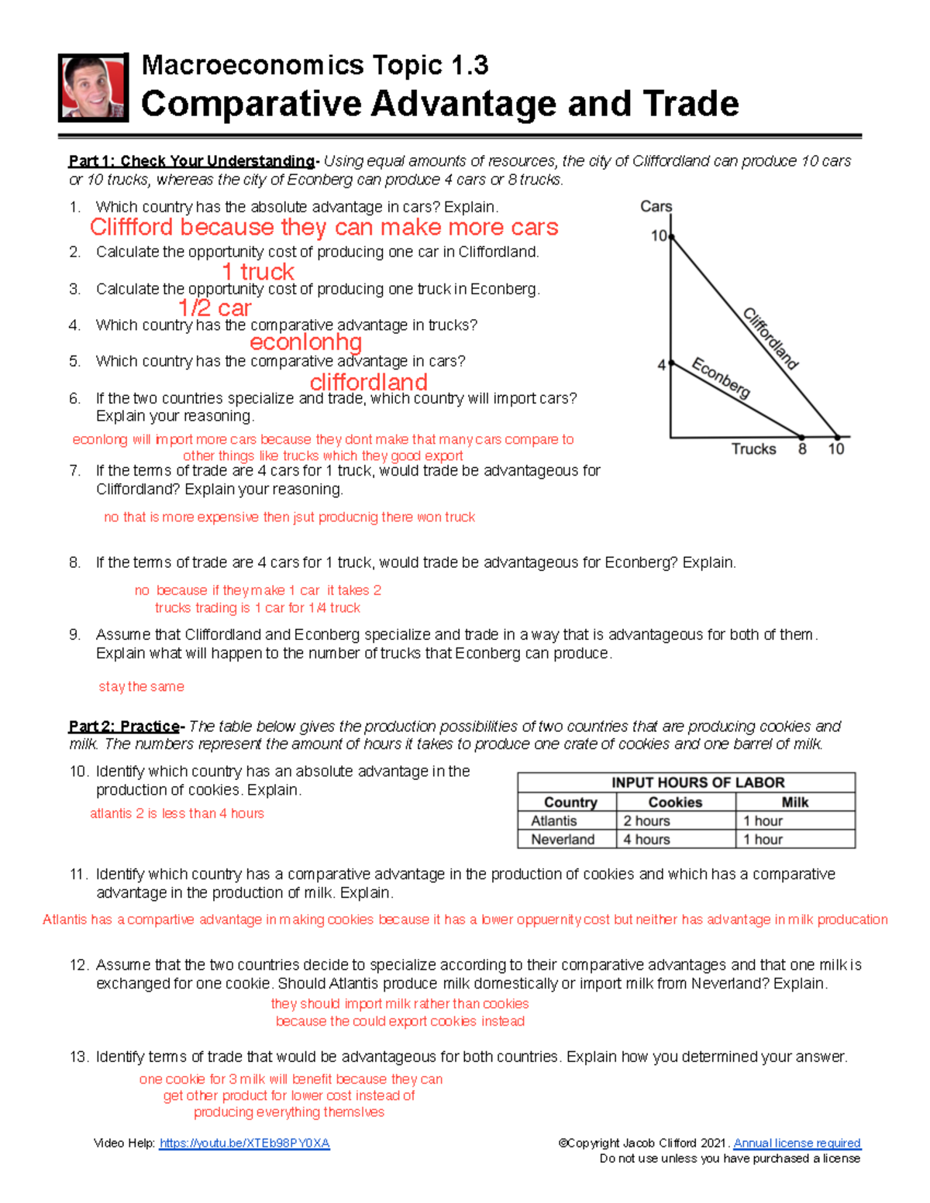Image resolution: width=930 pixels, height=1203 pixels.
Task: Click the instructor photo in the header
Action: coord(93,88)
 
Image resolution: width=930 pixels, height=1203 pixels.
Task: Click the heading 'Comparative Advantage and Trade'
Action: coord(439,104)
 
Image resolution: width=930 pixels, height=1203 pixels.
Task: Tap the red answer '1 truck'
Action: coord(257,272)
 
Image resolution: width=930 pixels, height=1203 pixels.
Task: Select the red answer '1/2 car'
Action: coord(215,308)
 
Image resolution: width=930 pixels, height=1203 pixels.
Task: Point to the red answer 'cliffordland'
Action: coord(368,382)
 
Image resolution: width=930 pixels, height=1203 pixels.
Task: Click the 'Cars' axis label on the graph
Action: coord(656,207)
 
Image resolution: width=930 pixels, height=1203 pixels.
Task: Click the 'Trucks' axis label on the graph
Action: coord(753,449)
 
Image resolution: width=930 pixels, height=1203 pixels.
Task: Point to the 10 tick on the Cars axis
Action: coord(659,235)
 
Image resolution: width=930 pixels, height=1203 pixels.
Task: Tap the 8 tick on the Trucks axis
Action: coord(802,449)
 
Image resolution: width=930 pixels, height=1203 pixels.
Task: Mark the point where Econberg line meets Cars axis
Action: coord(671,363)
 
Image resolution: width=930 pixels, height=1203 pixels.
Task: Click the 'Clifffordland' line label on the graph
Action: coord(770,339)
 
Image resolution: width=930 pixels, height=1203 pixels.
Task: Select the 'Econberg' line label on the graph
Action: coord(721,378)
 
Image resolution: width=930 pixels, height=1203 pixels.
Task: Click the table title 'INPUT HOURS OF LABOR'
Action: coord(686,782)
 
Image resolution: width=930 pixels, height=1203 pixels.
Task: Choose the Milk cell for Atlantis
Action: coord(763,821)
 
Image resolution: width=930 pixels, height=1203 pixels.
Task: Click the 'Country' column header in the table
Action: coord(570,803)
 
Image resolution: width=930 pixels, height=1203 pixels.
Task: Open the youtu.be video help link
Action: coord(244,1143)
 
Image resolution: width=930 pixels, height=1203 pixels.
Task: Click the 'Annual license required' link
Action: coord(797,1143)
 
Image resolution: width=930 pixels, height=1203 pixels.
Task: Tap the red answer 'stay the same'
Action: coord(141,687)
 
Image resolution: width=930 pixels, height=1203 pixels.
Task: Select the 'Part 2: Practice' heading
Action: coord(124,727)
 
